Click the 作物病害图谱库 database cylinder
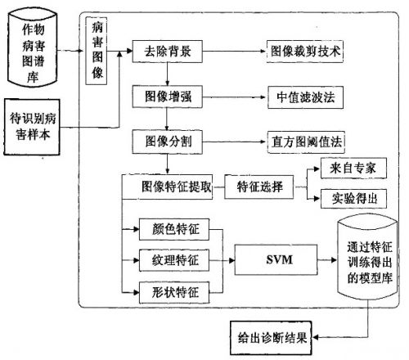coord(33,47)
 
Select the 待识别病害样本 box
coord(32,127)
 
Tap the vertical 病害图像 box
coord(97,51)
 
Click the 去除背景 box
coord(168,52)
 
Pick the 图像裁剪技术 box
coord(305,52)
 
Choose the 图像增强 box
coord(168,97)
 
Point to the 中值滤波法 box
coord(305,97)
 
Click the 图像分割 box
coord(168,142)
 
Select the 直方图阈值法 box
coord(306,142)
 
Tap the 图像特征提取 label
coord(177,187)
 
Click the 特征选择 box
coord(259,187)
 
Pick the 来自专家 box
coord(353,168)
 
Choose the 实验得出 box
coord(353,199)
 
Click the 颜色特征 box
coord(174,229)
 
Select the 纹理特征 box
coord(174,260)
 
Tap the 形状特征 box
coord(174,293)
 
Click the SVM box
coord(276,259)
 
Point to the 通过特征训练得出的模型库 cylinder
coord(367,257)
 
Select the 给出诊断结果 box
coord(271,338)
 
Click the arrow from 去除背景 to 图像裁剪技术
coord(234,52)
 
